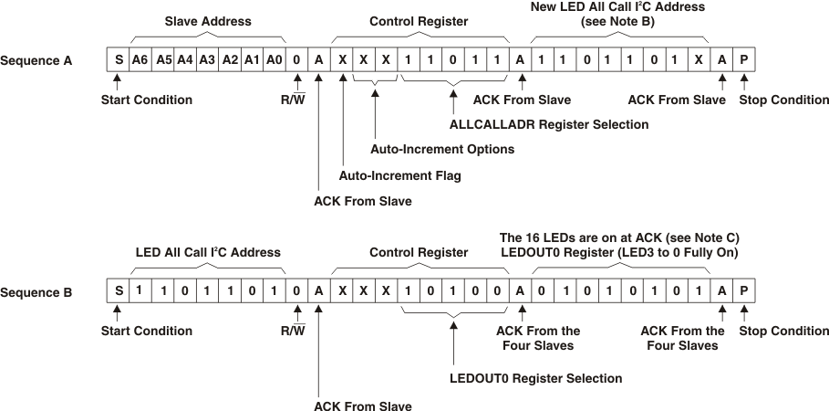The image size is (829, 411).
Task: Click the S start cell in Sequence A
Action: click(x=118, y=60)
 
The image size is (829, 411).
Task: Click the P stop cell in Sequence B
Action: click(x=744, y=293)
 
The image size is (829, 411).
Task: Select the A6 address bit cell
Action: click(x=140, y=60)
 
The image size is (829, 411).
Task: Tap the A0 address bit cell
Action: click(x=274, y=60)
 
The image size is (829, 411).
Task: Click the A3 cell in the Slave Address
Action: click(x=206, y=60)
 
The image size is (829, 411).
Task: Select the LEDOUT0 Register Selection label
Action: click(x=536, y=378)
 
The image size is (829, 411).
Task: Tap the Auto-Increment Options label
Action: click(x=442, y=149)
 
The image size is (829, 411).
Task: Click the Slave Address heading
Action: click(x=207, y=20)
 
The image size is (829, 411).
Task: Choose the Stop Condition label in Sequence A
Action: click(x=783, y=100)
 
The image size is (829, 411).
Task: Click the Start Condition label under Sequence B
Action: click(x=146, y=332)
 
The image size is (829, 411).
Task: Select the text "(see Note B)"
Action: click(x=619, y=21)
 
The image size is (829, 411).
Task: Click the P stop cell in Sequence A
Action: click(x=744, y=60)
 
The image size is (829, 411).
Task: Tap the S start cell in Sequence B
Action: click(x=118, y=293)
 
